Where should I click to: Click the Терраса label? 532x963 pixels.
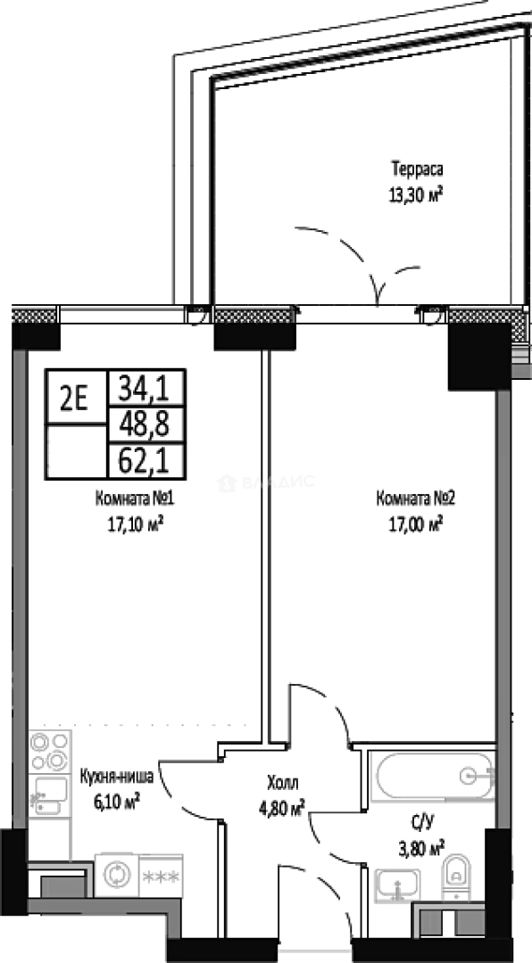tap(417, 169)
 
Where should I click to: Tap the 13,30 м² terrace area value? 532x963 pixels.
tap(416, 195)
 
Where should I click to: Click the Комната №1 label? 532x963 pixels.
tap(135, 498)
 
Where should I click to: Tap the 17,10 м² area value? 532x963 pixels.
tap(134, 525)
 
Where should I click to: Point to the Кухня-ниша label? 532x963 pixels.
tap(117, 777)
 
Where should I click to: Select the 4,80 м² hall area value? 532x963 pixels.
tap(282, 810)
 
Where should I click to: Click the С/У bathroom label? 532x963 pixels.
tap(421, 822)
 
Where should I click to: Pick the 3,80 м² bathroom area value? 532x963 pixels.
tap(421, 849)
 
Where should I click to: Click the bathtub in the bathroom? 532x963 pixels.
tap(435, 777)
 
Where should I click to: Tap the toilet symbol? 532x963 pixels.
tap(456, 877)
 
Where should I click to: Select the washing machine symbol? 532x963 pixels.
tap(116, 875)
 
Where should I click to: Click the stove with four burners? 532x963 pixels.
tap(49, 751)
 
